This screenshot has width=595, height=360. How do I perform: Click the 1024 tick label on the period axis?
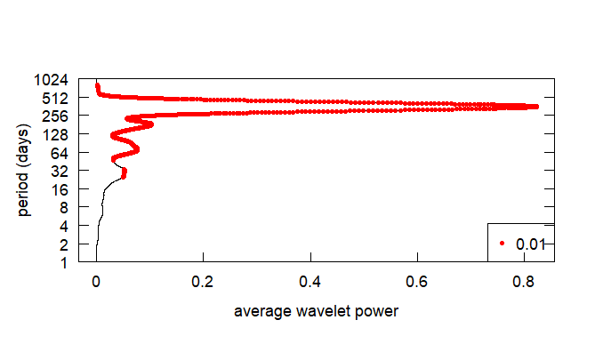click(x=56, y=79)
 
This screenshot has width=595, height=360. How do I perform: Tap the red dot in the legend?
click(x=503, y=243)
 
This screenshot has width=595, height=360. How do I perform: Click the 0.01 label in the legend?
click(x=530, y=243)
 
